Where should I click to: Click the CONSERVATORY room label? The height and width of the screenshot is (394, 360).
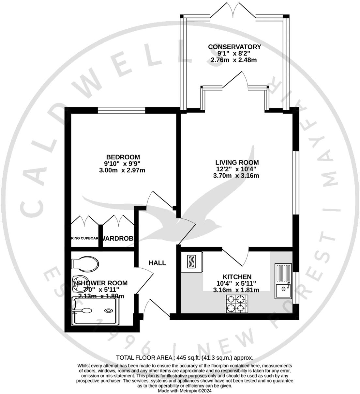click(x=234, y=47)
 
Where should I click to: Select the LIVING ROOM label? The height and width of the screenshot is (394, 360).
click(x=237, y=162)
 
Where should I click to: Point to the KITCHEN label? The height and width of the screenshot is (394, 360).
click(x=237, y=277)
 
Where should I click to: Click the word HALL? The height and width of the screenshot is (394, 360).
click(x=157, y=263)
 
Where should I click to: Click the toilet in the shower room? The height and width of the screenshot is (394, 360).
click(x=85, y=263)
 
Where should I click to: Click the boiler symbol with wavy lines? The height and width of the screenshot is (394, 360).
click(x=191, y=262)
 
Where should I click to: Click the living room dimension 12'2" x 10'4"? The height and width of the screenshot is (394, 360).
click(x=236, y=169)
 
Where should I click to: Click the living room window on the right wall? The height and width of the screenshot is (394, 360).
click(x=295, y=182)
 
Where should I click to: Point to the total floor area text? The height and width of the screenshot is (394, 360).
click(x=185, y=357)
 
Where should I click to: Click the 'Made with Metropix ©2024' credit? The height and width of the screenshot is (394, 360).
click(x=185, y=390)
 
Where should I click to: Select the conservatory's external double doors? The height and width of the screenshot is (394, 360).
click(x=233, y=11)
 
